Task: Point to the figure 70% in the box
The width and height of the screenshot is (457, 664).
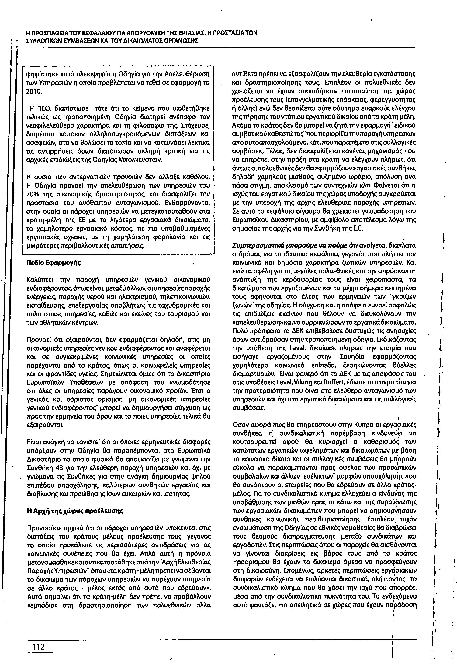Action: tap(32, 194)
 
